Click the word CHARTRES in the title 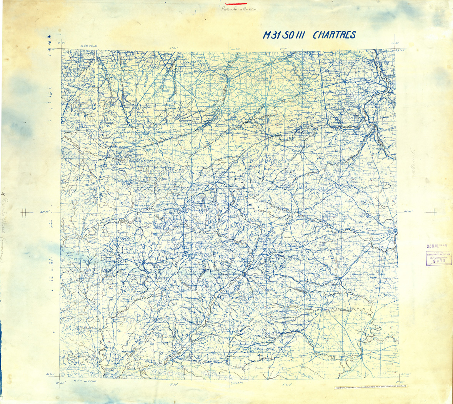[334, 35]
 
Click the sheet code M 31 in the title [271, 35]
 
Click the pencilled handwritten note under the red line [239, 10]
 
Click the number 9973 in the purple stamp [439, 260]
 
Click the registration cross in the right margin [431, 212]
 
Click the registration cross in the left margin [25, 212]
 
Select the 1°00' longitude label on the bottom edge [285, 384]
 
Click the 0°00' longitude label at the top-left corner [62, 43]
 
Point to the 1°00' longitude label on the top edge [285, 48]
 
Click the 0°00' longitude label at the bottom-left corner [61, 383]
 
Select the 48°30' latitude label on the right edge [408, 212]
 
